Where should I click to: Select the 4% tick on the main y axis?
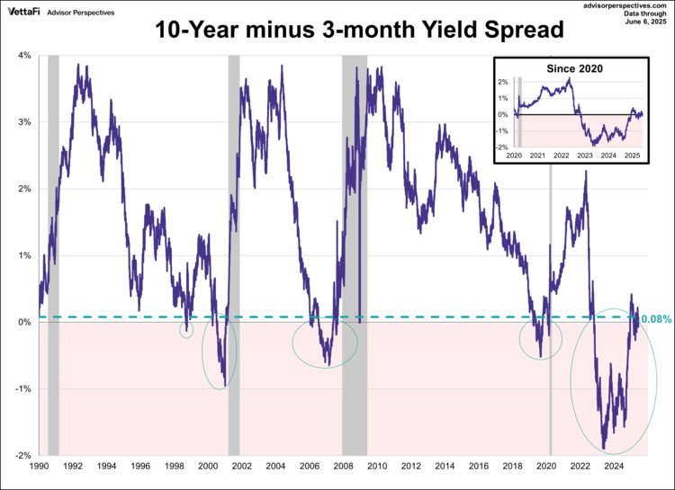24,56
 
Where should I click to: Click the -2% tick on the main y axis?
22,456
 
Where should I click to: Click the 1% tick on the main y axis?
24,255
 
